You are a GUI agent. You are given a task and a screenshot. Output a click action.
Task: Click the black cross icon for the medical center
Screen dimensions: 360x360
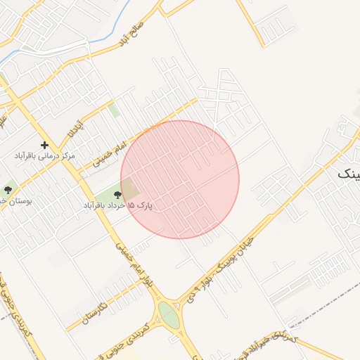(45, 144)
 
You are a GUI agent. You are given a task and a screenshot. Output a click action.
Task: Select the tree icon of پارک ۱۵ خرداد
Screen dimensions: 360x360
(117, 194)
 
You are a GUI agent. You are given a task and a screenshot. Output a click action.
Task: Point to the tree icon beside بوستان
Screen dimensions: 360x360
(8, 189)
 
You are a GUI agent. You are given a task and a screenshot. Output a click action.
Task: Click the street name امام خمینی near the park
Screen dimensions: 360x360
(109, 155)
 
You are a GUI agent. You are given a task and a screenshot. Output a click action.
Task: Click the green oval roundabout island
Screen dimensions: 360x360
(169, 314)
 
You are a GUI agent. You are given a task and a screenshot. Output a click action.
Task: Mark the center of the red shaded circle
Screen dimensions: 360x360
(180, 179)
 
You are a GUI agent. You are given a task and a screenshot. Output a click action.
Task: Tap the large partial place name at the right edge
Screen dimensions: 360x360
(349, 173)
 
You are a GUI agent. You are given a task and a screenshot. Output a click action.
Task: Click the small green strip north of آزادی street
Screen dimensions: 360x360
(113, 110)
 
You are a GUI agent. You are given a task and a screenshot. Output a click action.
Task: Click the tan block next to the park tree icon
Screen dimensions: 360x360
(130, 189)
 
